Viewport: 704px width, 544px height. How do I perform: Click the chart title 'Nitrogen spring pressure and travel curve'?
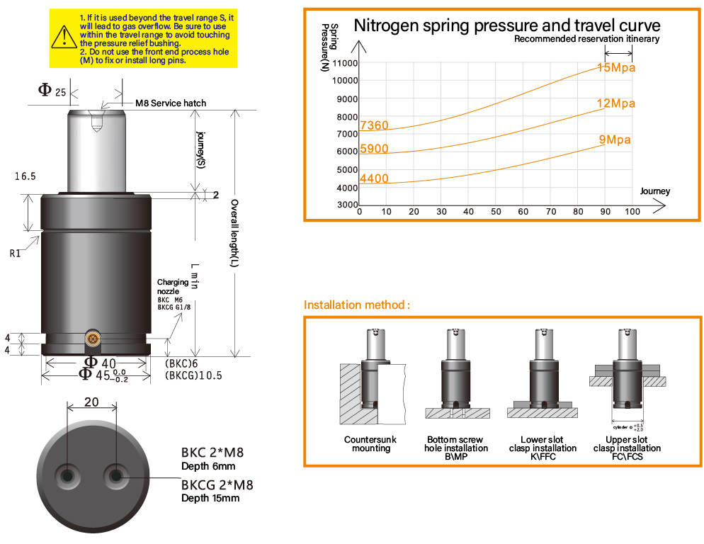(x=506, y=25)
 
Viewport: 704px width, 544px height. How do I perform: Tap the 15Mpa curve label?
(x=616, y=68)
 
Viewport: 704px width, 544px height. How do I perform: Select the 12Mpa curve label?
(x=615, y=103)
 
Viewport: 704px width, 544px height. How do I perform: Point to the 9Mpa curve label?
(x=615, y=140)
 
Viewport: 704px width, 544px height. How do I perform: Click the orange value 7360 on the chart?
(x=374, y=126)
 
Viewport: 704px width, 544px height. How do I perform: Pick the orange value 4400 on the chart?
(x=374, y=178)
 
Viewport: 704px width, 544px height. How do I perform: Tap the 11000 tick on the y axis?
(x=345, y=63)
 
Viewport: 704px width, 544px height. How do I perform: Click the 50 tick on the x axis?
(x=496, y=212)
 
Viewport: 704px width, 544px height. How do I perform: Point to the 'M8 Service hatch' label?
(x=171, y=103)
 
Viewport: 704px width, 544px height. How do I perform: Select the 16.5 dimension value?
(x=24, y=176)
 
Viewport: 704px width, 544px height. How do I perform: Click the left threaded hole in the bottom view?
(x=69, y=474)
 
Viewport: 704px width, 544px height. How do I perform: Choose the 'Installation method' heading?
(x=357, y=305)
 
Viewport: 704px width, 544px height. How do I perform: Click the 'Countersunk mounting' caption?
(x=370, y=444)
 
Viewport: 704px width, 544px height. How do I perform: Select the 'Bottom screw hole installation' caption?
(x=456, y=444)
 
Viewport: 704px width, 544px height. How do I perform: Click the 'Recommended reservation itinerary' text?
(x=586, y=39)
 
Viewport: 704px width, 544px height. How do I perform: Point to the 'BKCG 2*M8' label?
(x=217, y=486)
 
